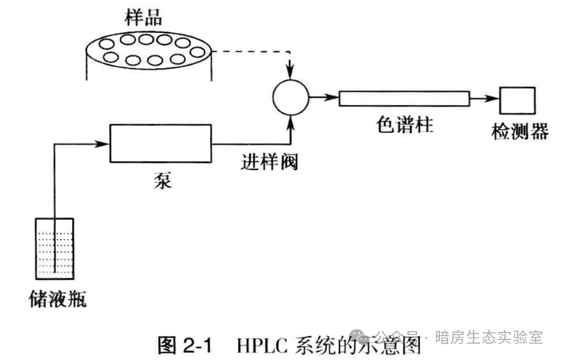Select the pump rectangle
159,143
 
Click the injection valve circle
289,98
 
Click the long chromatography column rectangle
403,98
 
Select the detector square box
513,99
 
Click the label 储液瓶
55,300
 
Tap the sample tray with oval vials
147,49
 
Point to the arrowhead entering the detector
491,99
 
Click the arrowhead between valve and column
331,98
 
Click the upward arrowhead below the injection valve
289,123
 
